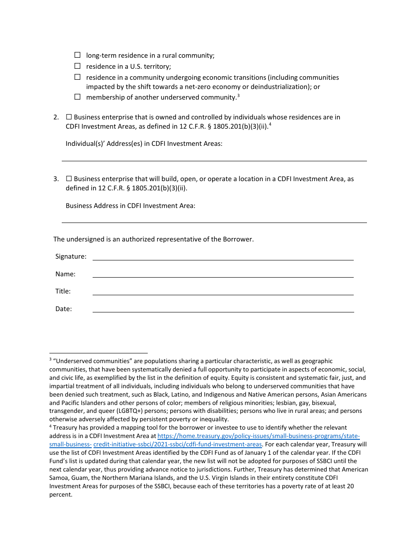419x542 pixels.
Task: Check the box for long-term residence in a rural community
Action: pos(77,55)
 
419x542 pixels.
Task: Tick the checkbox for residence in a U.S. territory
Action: pos(77,66)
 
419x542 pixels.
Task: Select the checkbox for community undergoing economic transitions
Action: pos(77,77)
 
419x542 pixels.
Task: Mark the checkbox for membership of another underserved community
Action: pos(77,97)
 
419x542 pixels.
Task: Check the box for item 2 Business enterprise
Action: pos(69,117)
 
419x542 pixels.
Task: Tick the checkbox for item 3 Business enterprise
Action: pos(69,179)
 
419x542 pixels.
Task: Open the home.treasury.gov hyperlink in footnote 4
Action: pos(258,436)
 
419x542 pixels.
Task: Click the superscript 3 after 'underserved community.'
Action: pos(238,95)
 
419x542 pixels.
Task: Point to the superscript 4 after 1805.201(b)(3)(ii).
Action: pos(270,124)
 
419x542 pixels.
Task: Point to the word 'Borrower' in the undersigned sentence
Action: pos(238,239)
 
